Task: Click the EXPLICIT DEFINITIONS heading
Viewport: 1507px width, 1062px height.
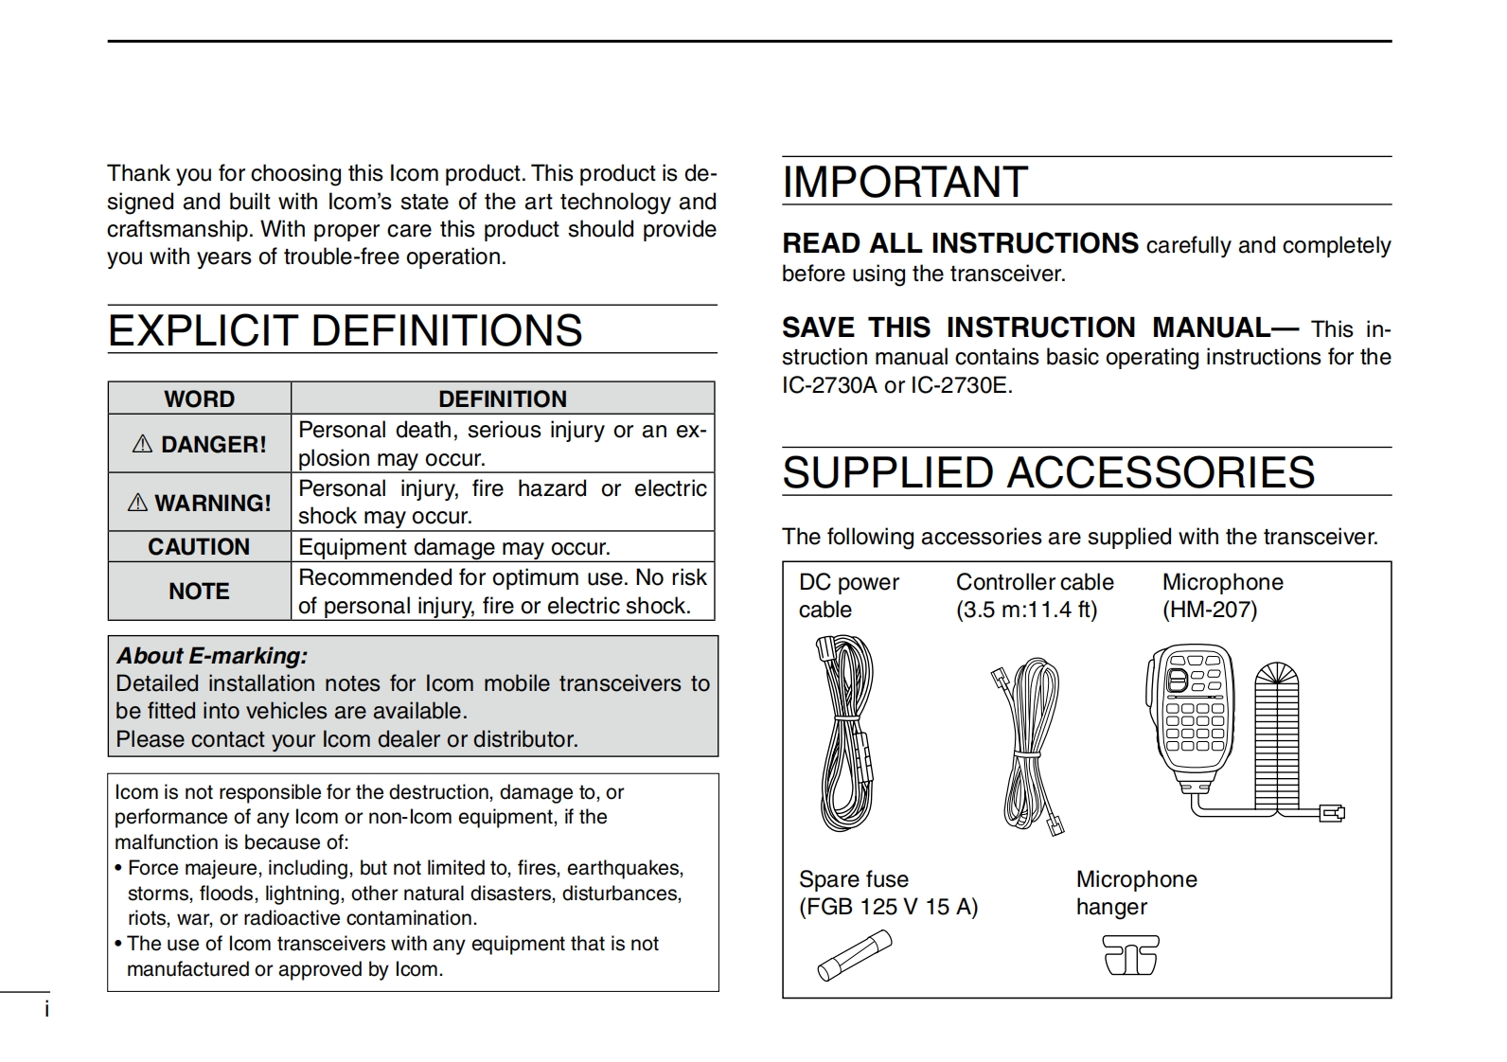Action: pos(346,330)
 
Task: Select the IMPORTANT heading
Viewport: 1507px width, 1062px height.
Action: pos(905,182)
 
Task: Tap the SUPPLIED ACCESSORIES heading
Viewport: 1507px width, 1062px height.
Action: pos(1048,472)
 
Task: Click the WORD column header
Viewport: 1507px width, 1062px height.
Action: pos(199,398)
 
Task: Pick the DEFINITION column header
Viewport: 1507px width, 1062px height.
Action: pos(503,398)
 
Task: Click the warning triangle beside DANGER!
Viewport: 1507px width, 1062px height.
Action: pos(143,444)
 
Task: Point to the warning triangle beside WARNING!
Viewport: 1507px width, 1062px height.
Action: pos(137,503)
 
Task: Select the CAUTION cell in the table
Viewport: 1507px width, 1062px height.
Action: pos(199,547)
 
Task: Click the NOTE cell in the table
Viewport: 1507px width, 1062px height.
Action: pos(199,592)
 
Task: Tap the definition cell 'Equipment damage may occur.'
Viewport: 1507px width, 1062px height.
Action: pos(454,547)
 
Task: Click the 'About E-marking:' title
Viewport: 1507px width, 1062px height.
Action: pos(212,656)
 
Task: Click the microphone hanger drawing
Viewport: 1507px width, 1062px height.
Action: pos(1130,955)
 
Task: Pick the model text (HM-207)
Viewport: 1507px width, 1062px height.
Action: pos(1210,610)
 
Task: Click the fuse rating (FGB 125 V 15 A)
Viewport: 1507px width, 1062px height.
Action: pos(888,907)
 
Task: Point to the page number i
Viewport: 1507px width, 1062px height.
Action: pos(46,1010)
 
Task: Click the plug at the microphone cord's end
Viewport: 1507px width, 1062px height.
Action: pos(1333,812)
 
